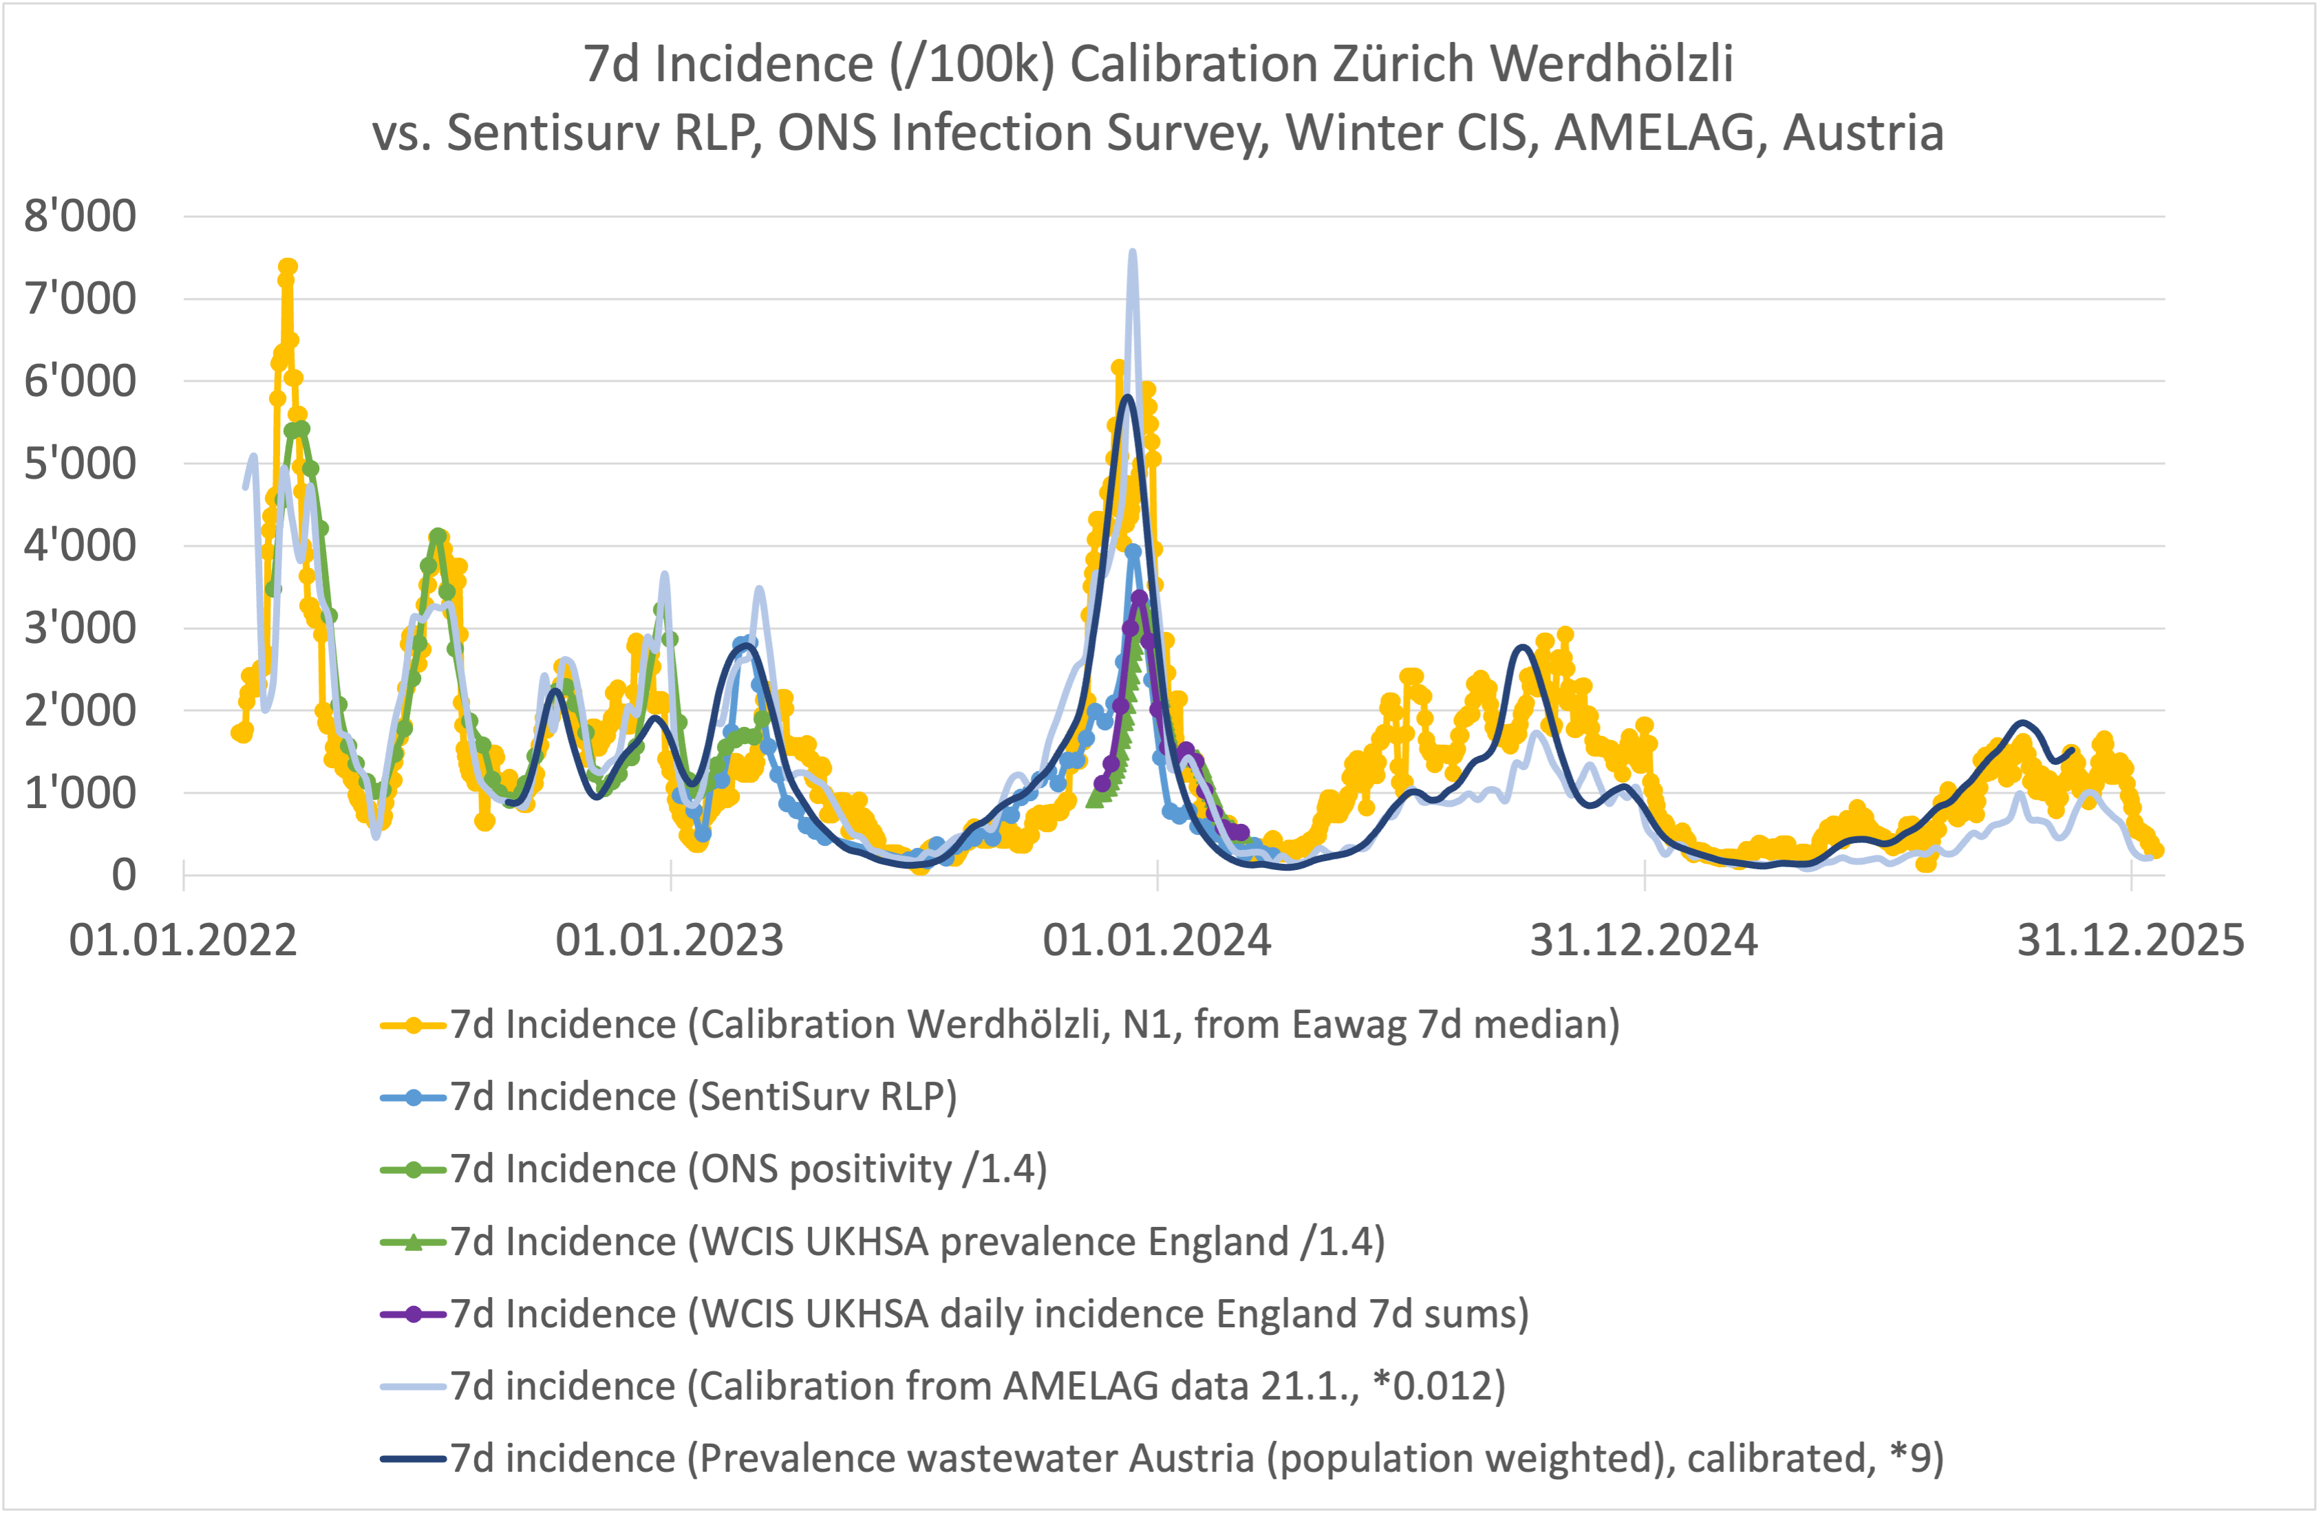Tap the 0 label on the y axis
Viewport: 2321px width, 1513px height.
(124, 875)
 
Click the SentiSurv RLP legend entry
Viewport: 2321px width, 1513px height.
(702, 1097)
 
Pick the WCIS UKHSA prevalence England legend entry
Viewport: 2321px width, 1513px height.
(917, 1242)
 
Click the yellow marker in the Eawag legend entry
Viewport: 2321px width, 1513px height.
(414, 1025)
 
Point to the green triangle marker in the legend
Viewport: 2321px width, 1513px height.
(414, 1242)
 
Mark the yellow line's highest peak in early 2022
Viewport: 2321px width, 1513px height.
(288, 266)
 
